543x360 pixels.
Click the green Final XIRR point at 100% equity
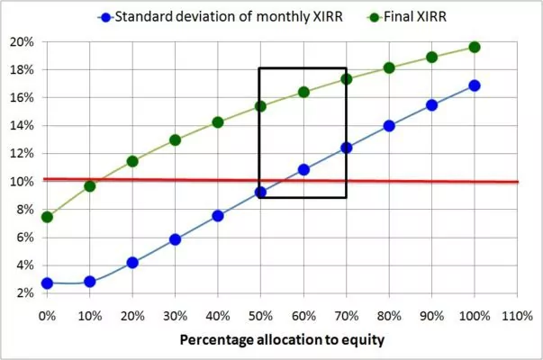tap(475, 47)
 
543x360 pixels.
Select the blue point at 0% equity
tap(47, 283)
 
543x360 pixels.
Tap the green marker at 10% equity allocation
tap(90, 186)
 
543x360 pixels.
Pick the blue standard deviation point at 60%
tap(303, 170)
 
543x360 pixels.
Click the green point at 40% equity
tap(218, 122)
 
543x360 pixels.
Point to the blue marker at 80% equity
tap(389, 126)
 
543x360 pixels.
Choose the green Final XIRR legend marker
tap(375, 17)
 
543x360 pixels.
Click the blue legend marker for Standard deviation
tap(105, 17)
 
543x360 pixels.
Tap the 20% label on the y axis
tap(23, 42)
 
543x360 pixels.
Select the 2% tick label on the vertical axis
tap(25, 293)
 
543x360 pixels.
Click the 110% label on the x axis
tap(518, 316)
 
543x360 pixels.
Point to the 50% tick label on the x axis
tap(260, 316)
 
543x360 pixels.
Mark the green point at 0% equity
tap(47, 217)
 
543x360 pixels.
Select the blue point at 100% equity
tap(475, 85)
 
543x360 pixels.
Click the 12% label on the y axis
tap(23, 153)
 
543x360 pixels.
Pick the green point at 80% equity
tap(389, 67)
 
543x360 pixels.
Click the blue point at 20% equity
tap(132, 263)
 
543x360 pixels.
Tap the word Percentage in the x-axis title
tap(216, 340)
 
